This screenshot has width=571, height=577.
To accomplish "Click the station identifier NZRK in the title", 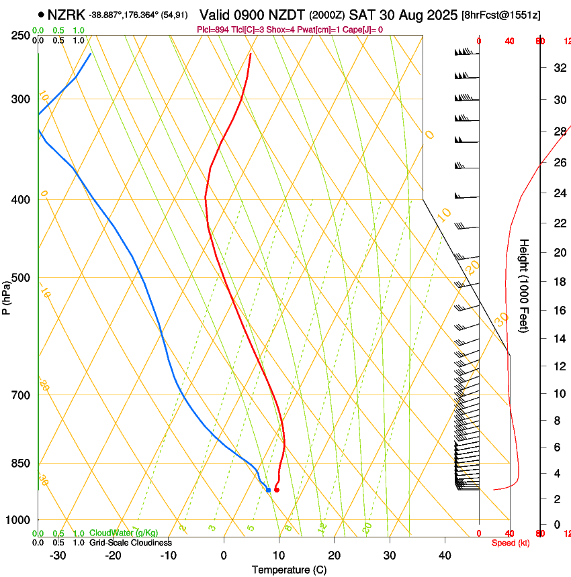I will click(67, 14).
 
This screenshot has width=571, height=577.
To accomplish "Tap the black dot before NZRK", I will click(42, 14).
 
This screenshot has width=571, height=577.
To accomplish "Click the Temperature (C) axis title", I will click(289, 570).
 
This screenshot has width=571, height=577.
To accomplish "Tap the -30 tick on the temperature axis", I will click(58, 555).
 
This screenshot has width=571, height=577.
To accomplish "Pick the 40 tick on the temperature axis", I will click(444, 555).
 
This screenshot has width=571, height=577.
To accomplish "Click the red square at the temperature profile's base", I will click(276, 490).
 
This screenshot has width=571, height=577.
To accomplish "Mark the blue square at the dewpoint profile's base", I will click(268, 490).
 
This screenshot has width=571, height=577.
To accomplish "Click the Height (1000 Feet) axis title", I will click(525, 285).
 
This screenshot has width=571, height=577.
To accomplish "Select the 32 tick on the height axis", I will click(559, 67).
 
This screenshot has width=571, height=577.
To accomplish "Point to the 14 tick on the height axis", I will click(559, 339).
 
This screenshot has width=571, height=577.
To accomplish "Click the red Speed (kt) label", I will click(511, 543).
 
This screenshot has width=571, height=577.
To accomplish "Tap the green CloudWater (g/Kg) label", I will click(124, 533).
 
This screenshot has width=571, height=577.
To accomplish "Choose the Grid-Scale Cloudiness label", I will click(130, 542).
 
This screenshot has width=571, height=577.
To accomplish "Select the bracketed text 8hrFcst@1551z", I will click(501, 15).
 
